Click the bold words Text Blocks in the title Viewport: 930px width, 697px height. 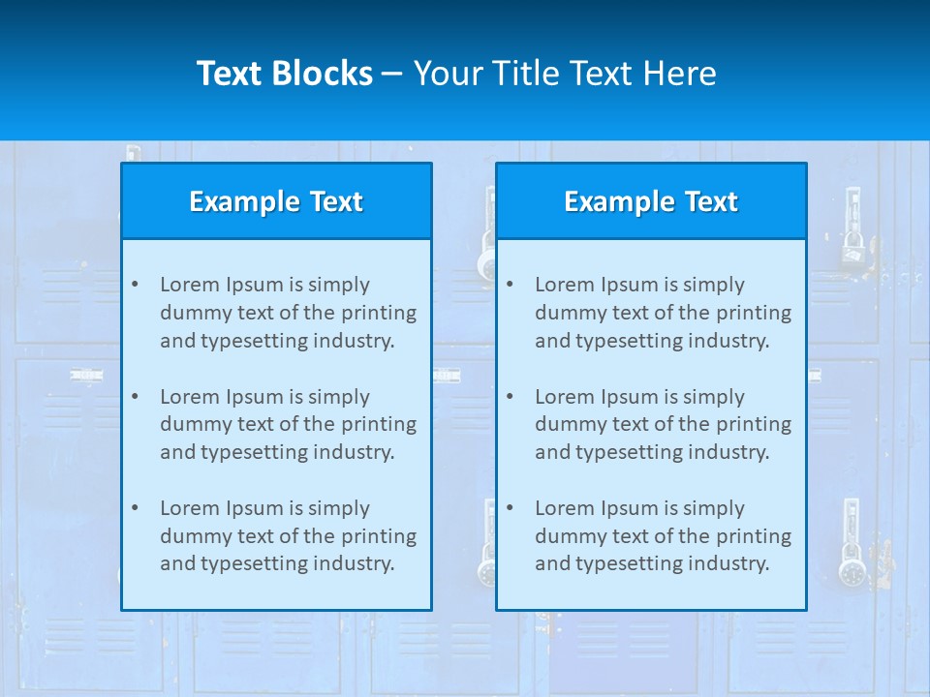coord(284,74)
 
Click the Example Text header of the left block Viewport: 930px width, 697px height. coord(276,201)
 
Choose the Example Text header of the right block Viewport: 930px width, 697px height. coord(651,201)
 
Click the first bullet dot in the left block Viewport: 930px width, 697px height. coord(135,285)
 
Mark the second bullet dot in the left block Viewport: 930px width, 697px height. coord(135,397)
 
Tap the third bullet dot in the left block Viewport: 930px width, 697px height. coord(135,508)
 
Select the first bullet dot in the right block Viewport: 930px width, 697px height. coord(510,285)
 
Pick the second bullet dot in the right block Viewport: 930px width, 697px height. coord(510,397)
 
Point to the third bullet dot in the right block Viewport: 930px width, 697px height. coord(510,508)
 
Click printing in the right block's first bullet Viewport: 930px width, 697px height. coord(755,313)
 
